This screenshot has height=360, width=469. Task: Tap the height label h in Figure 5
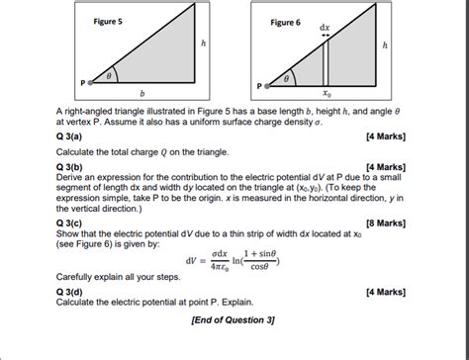(205, 44)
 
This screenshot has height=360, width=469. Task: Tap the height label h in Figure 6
(386, 45)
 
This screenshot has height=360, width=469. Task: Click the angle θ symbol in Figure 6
(288, 74)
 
